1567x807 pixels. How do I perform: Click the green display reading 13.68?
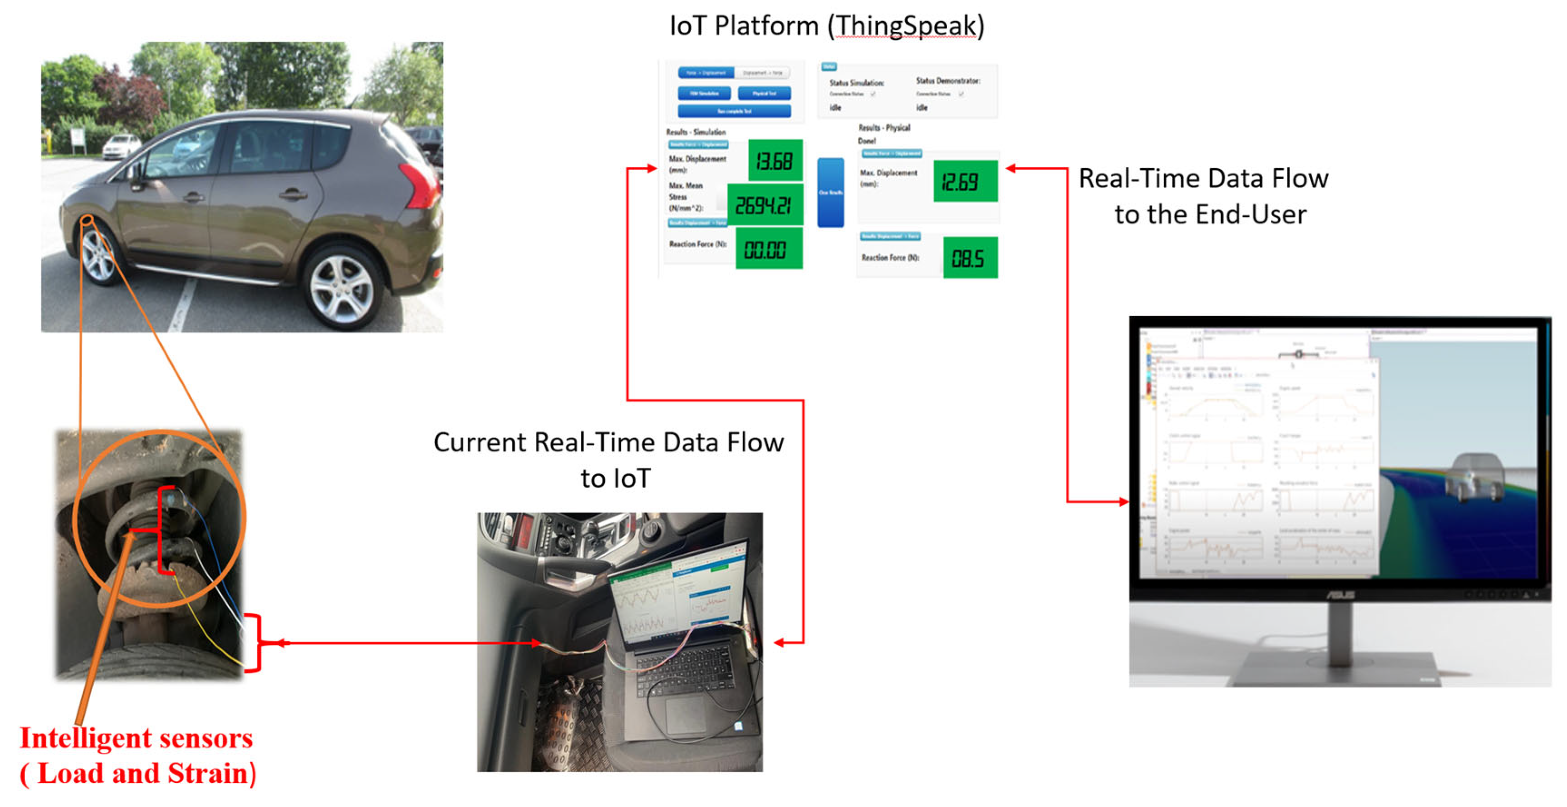click(775, 161)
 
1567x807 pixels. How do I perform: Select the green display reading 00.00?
click(768, 248)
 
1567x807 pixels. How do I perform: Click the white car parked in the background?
click(122, 146)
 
